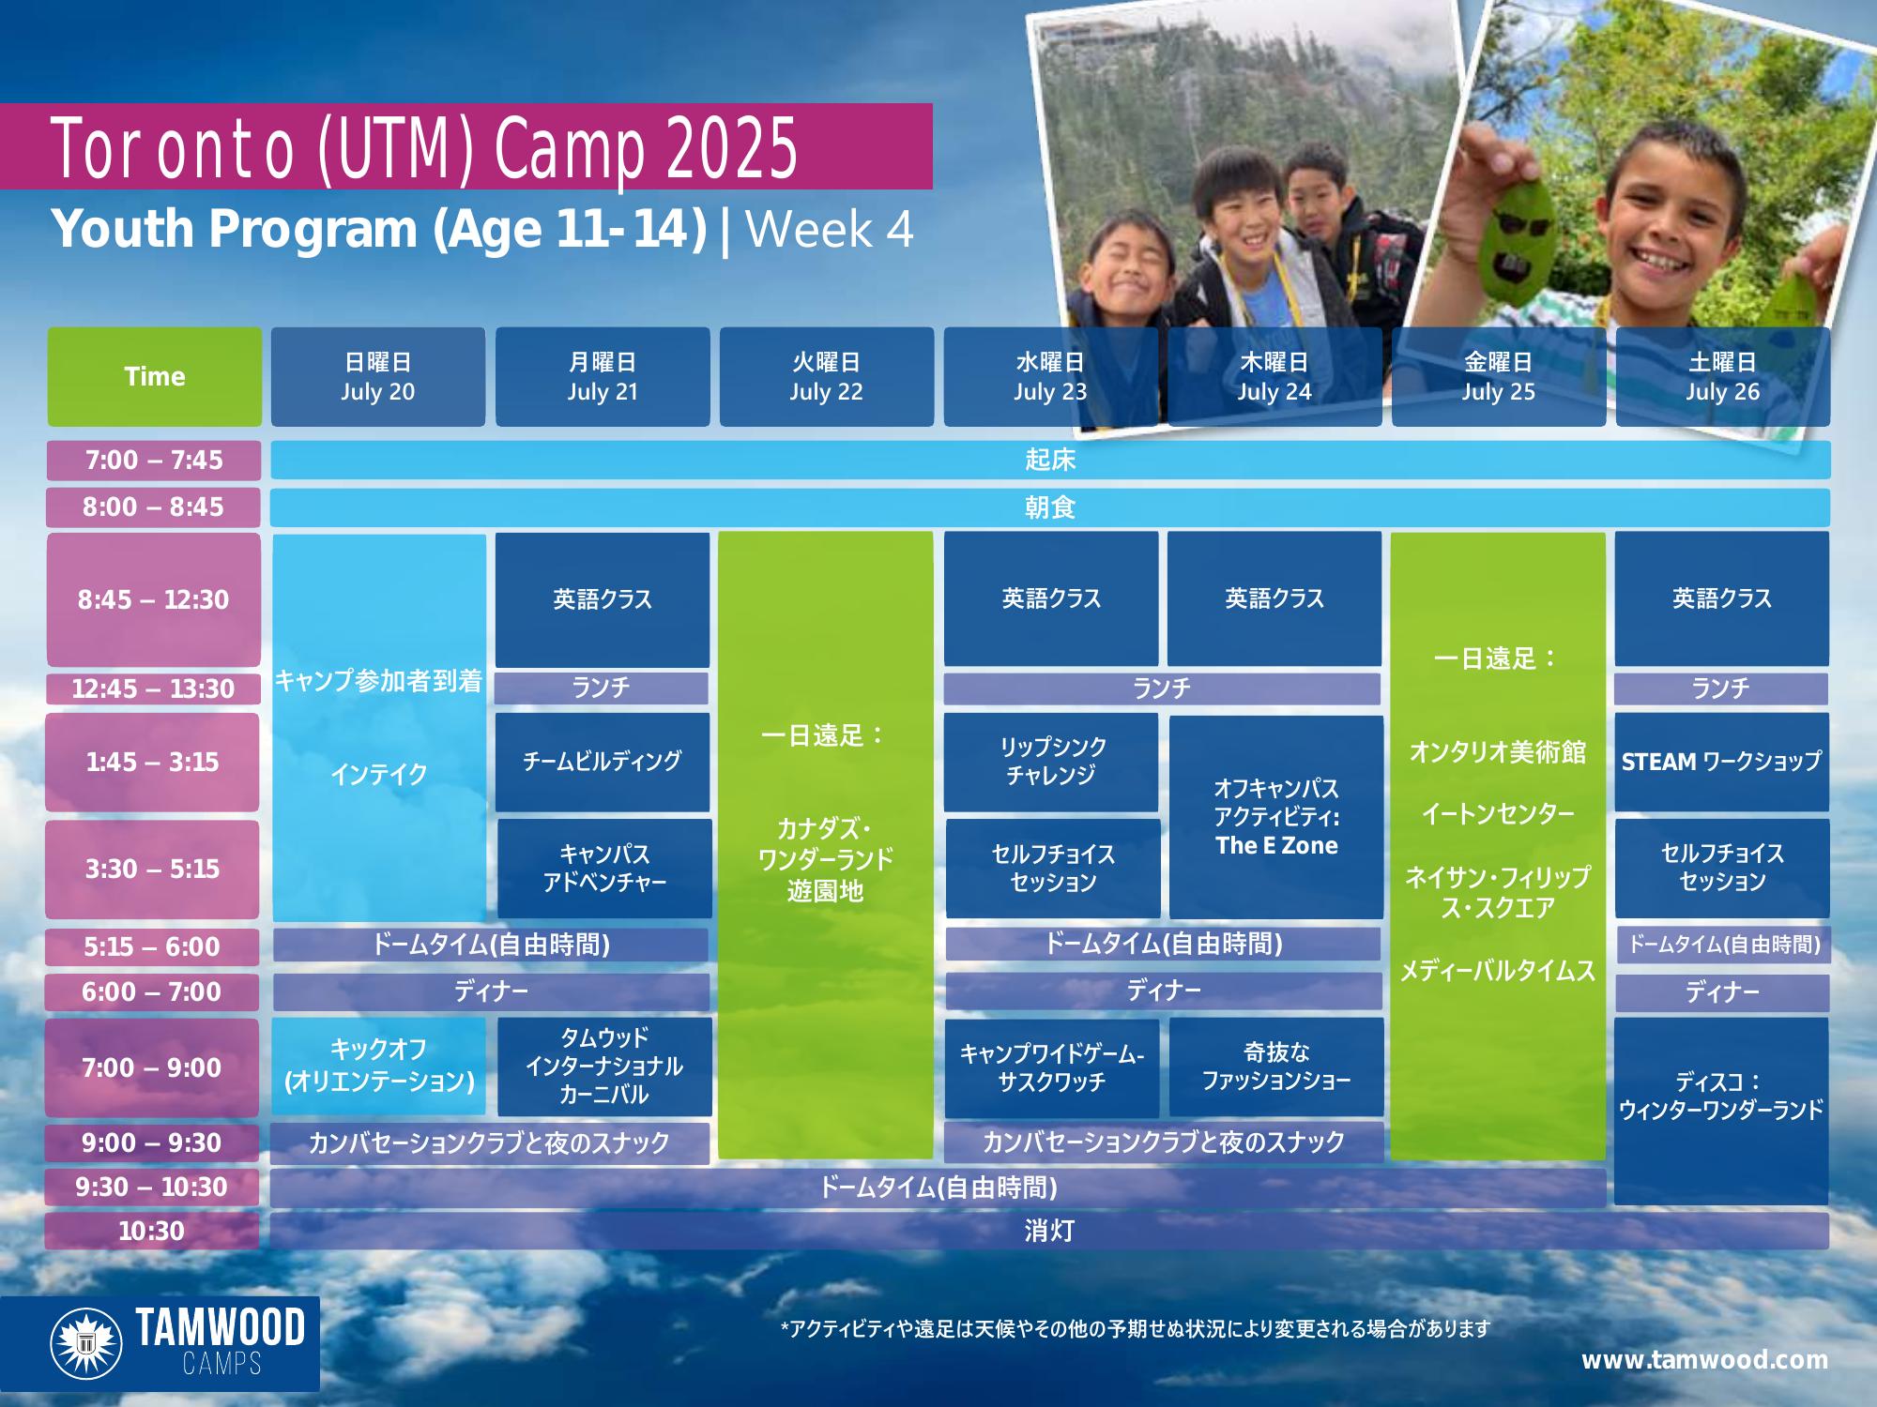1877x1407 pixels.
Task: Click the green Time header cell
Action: click(x=155, y=376)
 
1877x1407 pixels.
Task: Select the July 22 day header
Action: click(x=826, y=376)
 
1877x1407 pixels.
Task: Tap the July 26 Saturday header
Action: click(x=1722, y=376)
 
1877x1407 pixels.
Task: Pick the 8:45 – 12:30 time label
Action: click(x=153, y=599)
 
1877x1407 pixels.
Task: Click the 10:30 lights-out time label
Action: click(x=152, y=1231)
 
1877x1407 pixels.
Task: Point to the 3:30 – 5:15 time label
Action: click(x=152, y=869)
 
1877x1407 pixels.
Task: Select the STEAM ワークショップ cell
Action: click(x=1722, y=762)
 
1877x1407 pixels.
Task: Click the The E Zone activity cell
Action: click(x=1276, y=817)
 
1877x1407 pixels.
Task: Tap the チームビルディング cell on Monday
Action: click(x=603, y=762)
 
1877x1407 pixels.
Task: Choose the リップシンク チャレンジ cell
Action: click(x=1051, y=762)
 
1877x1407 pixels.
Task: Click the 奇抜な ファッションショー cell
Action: click(x=1276, y=1067)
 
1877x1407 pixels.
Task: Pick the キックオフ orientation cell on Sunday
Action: click(x=379, y=1067)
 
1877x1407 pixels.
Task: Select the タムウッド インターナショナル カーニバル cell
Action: click(x=604, y=1067)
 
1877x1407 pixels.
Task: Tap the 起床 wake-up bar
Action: click(x=1050, y=460)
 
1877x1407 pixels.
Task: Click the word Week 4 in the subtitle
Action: click(x=830, y=229)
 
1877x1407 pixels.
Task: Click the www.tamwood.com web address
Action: click(x=1704, y=1360)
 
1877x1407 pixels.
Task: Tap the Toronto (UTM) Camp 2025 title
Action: click(x=424, y=148)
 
